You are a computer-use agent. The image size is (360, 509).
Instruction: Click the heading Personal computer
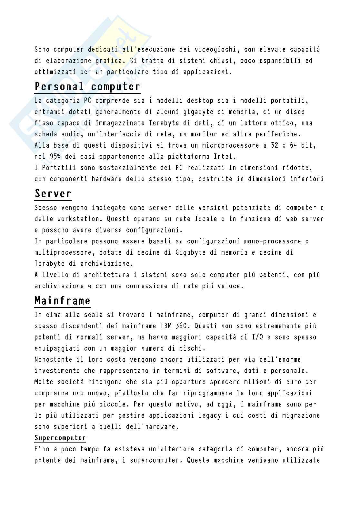[x=87, y=87]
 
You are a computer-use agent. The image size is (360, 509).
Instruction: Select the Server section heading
[x=53, y=194]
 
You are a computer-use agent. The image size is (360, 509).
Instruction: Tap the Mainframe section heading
[x=62, y=301]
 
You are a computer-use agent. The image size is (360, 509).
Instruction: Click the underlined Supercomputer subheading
[x=60, y=438]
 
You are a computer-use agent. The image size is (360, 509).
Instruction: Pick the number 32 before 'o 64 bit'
[x=271, y=145]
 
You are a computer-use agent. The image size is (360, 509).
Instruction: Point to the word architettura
[x=122, y=275]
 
